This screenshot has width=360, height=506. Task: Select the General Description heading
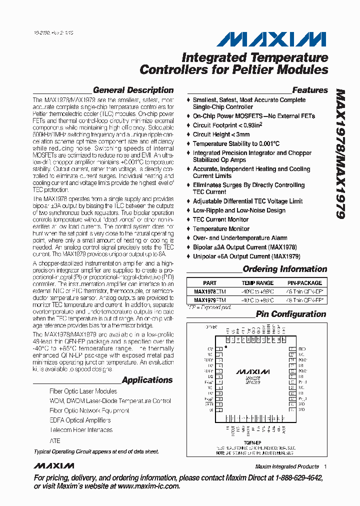click(133, 90)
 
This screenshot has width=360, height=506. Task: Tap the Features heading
click(310, 90)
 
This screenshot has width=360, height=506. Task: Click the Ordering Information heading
click(284, 269)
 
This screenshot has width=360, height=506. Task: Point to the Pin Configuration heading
click(290, 314)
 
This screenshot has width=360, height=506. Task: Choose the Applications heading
click(147, 380)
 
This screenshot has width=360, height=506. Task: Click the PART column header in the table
click(210, 283)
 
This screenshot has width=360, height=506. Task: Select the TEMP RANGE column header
click(258, 283)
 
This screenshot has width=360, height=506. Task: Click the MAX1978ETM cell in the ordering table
click(209, 292)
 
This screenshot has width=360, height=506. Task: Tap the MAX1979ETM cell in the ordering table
click(209, 300)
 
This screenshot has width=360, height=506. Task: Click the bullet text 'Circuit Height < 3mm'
click(221, 134)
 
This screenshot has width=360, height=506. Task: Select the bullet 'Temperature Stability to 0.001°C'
click(236, 144)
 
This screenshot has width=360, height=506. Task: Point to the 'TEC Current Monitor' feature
click(220, 219)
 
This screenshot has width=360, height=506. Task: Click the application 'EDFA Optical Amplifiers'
click(80, 420)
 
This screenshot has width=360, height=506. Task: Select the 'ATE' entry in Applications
click(54, 441)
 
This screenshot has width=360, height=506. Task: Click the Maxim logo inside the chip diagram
click(252, 372)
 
